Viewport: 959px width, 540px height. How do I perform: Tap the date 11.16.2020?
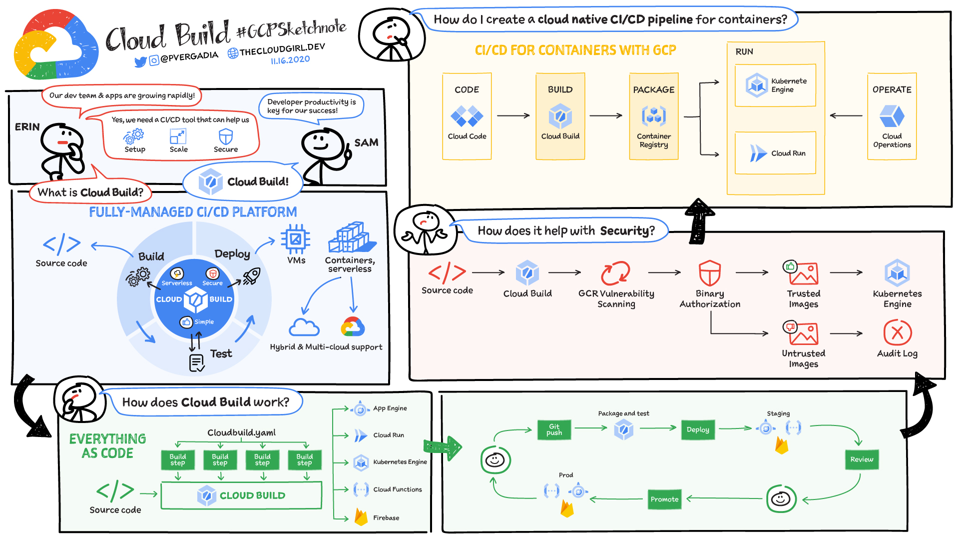click(x=290, y=60)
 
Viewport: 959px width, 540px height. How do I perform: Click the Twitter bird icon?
click(x=140, y=61)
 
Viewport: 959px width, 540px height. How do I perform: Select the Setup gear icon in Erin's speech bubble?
click(x=134, y=135)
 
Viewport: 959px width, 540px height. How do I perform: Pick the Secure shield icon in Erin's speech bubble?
click(x=226, y=136)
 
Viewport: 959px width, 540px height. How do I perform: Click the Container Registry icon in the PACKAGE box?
click(x=653, y=116)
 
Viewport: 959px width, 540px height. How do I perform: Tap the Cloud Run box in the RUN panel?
click(x=775, y=153)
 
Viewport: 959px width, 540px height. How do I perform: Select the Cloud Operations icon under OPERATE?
click(x=892, y=116)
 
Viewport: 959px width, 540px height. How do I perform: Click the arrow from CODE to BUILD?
click(x=513, y=115)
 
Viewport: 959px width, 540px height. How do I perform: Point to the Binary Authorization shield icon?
click(x=709, y=273)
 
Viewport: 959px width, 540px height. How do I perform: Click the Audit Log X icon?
click(x=897, y=332)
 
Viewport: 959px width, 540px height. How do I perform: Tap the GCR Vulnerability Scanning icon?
click(x=615, y=273)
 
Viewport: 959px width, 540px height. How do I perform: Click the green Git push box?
click(x=554, y=429)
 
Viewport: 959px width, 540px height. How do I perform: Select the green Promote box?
click(x=664, y=499)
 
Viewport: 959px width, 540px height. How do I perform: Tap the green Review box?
click(x=862, y=459)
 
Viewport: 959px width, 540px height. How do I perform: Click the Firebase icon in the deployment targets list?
click(x=361, y=517)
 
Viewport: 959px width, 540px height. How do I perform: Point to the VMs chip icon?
click(x=296, y=239)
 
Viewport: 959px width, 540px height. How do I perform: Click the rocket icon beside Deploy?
click(x=251, y=276)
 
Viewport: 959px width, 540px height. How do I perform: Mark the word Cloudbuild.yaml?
click(x=241, y=432)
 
